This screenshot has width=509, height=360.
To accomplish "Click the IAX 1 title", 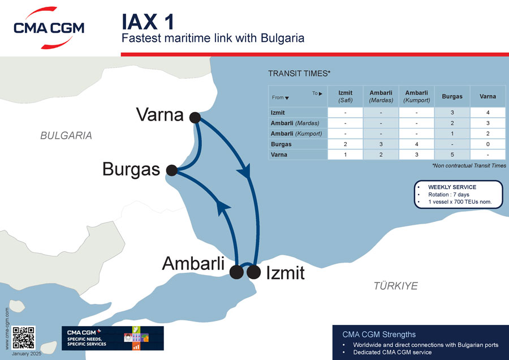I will [x=148, y=21].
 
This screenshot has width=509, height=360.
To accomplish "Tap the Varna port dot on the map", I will [x=195, y=118].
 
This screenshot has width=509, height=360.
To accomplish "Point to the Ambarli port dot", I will [x=236, y=272].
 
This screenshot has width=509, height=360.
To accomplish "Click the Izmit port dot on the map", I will [x=254, y=272].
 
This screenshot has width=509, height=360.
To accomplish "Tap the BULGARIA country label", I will [x=66, y=136].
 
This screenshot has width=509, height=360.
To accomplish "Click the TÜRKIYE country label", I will [x=396, y=286].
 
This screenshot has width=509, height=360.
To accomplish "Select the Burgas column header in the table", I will [x=452, y=96].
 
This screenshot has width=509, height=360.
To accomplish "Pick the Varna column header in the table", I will [x=488, y=96].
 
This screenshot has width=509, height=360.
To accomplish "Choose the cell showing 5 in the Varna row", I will [x=452, y=155].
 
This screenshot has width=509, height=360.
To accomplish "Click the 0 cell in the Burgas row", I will [x=488, y=144].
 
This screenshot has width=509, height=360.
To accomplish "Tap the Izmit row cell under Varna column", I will [x=488, y=113].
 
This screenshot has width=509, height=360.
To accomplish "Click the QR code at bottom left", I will [x=24, y=337].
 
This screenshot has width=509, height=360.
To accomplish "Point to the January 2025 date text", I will [x=27, y=353].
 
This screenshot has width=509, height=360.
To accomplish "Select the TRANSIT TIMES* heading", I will [x=299, y=74].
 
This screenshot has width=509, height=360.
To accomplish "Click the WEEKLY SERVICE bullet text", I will [x=452, y=187].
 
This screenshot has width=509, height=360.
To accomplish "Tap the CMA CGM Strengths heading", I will [x=379, y=334].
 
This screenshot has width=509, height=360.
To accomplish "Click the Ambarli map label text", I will [x=193, y=263].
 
